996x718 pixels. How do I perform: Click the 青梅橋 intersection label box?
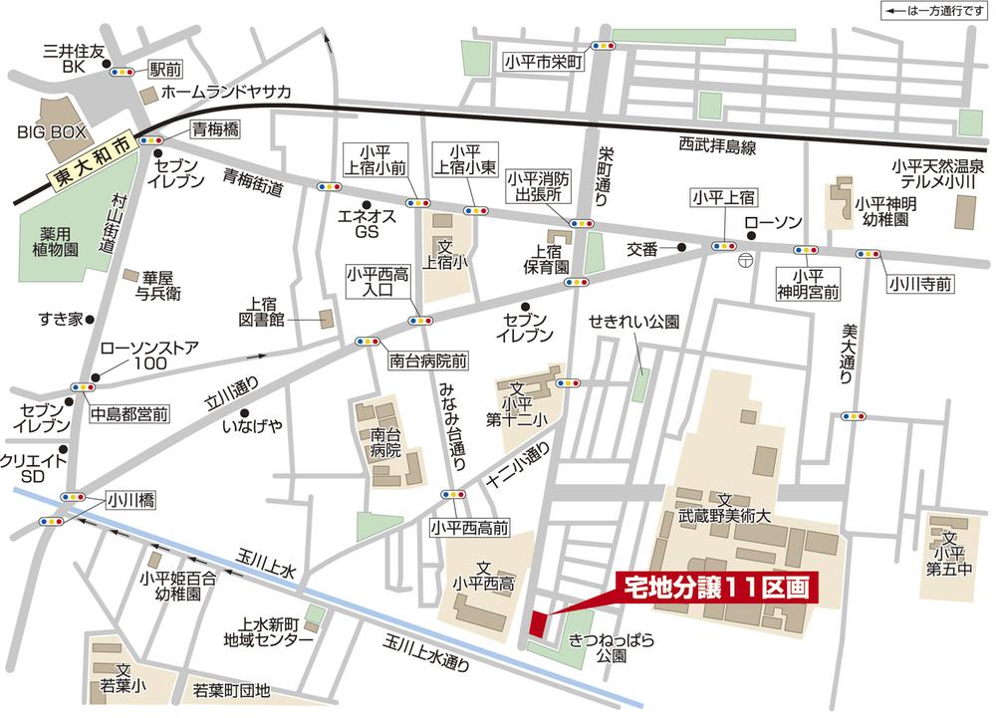tap(214, 127)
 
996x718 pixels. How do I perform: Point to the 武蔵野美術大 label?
tap(726, 511)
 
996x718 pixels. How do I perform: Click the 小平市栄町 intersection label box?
tap(543, 61)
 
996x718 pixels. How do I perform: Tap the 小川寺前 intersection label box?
tap(921, 284)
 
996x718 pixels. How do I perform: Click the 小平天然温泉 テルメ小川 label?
tap(937, 175)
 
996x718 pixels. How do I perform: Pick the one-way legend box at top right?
tap(926, 13)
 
